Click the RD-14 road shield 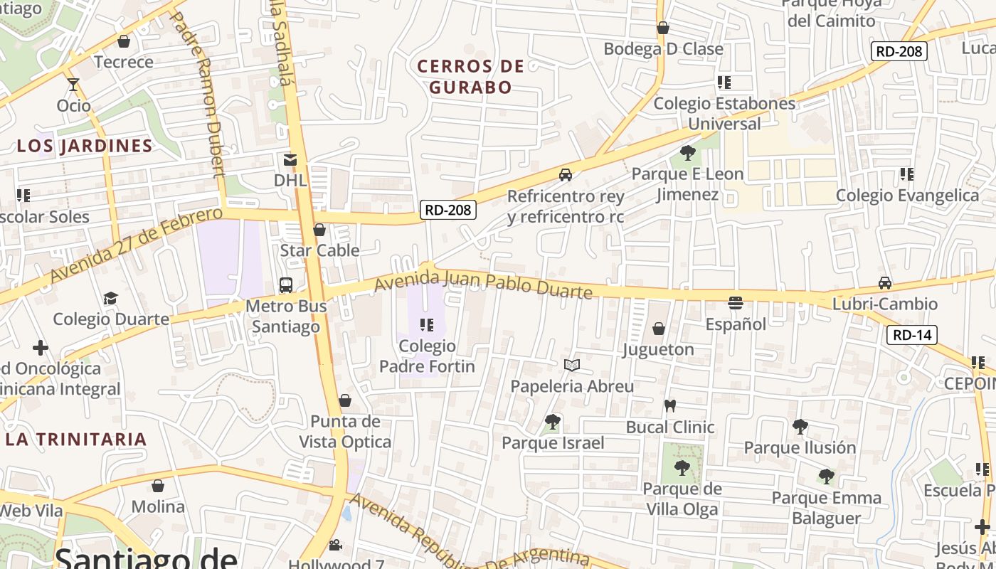(912, 335)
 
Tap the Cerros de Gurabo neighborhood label (470, 77)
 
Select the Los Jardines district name (85, 146)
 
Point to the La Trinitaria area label (76, 439)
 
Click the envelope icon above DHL (290, 159)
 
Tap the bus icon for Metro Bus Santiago (286, 285)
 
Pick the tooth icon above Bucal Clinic (669, 406)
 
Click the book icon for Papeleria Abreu (572, 366)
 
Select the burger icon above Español (736, 304)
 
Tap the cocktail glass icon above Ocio (73, 85)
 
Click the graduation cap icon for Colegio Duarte (110, 298)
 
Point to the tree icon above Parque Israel (553, 422)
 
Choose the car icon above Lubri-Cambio (885, 283)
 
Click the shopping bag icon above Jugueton (659, 329)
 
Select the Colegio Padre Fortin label (427, 356)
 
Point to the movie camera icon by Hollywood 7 (335, 546)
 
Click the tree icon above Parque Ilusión (800, 427)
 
